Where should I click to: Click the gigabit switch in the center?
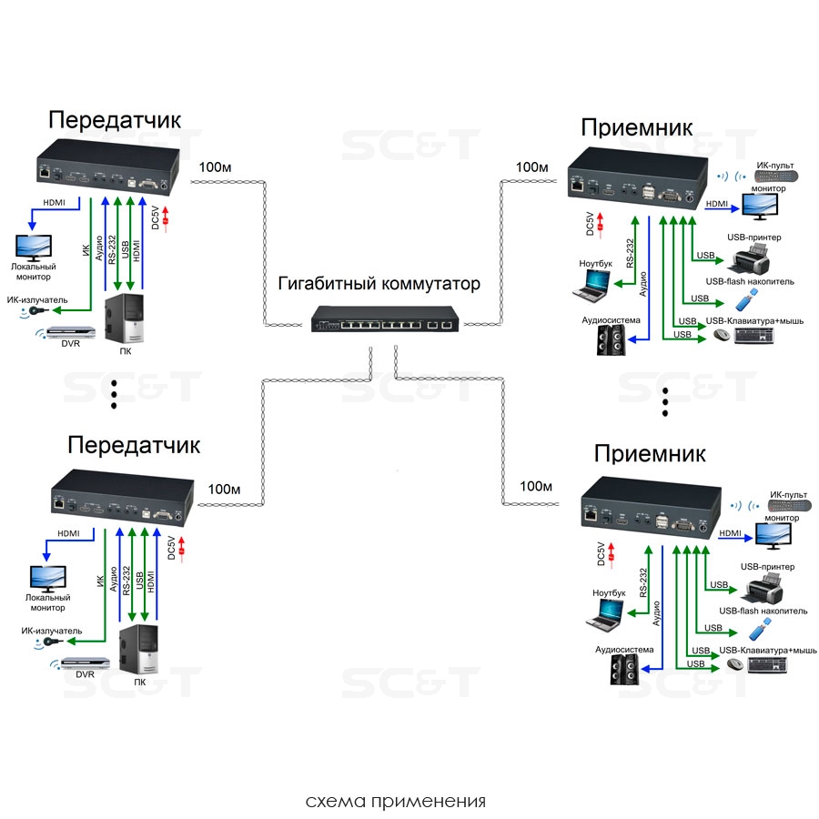pyautogui.click(x=387, y=318)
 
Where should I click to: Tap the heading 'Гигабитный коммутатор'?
pyautogui.click(x=379, y=282)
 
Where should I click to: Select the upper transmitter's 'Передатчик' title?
pyautogui.click(x=115, y=120)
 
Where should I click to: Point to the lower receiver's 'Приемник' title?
pyautogui.click(x=650, y=453)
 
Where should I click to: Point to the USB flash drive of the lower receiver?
pyautogui.click(x=762, y=629)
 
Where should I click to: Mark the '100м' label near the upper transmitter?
pyautogui.click(x=216, y=167)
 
